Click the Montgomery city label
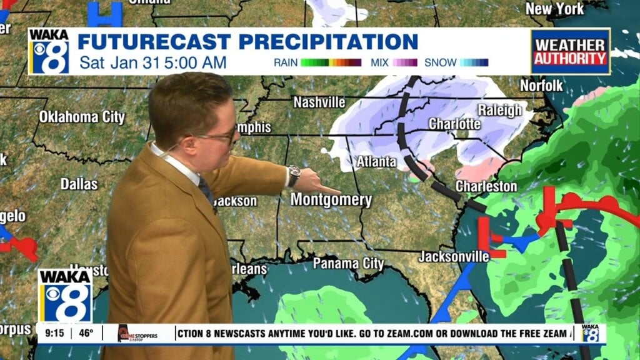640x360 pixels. click(331, 200)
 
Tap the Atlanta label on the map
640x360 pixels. click(376, 161)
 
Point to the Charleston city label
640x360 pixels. click(486, 186)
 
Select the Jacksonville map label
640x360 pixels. click(454, 256)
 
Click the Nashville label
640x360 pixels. click(319, 102)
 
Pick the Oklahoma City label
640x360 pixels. click(82, 117)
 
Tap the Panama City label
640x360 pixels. click(348, 263)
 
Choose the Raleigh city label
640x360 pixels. click(499, 110)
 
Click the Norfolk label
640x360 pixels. click(541, 85)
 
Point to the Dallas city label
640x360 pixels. click(79, 184)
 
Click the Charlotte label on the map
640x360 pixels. click(454, 124)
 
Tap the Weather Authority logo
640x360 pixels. click(570, 51)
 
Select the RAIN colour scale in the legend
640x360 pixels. click(331, 62)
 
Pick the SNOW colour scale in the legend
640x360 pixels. click(474, 62)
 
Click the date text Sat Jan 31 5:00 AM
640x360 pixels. click(152, 62)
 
